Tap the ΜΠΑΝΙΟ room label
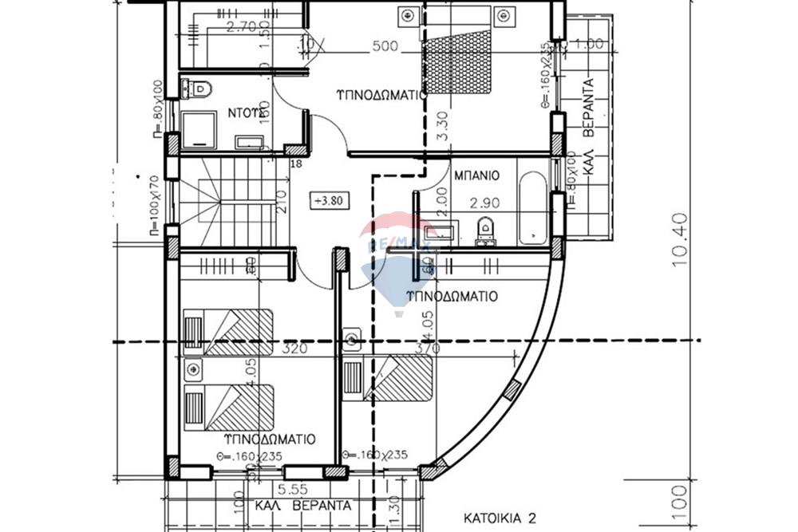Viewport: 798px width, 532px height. [x=476, y=174]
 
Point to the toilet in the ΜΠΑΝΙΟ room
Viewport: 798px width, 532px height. [x=484, y=231]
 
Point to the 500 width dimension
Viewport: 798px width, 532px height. [x=385, y=46]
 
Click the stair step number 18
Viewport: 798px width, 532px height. [x=297, y=164]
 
